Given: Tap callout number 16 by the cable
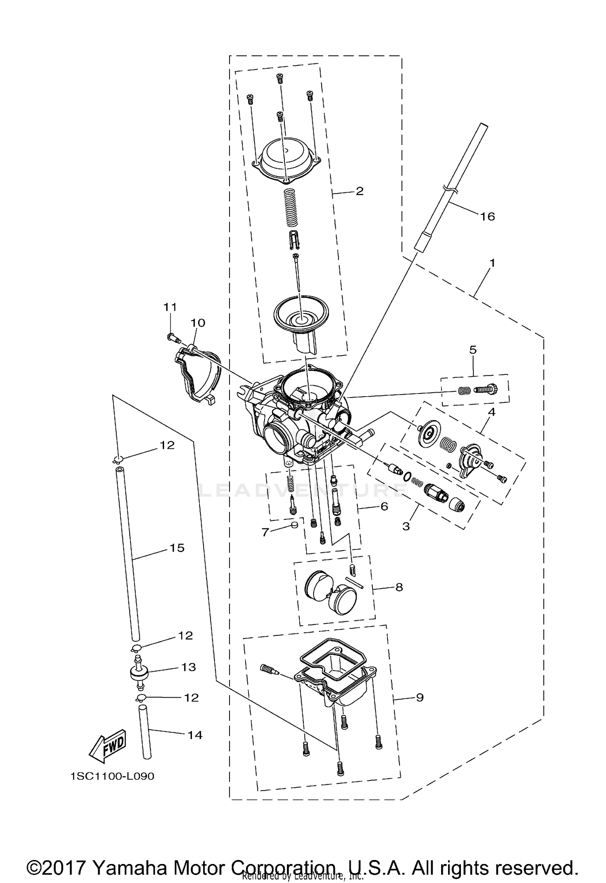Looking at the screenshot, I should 488,217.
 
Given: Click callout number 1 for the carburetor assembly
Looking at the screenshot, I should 492,263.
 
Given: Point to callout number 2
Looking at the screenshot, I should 360,191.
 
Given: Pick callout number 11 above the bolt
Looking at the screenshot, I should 170,307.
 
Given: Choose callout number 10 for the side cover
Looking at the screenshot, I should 198,323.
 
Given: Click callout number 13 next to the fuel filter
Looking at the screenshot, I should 188,667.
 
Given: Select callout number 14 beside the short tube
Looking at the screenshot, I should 195,735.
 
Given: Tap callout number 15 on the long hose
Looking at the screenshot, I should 177,548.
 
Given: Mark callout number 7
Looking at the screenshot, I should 265,532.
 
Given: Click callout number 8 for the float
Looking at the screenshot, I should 399,587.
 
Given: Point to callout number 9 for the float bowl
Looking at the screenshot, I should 419,697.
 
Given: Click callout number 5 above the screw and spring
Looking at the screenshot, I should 473,350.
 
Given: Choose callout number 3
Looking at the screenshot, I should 406,526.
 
